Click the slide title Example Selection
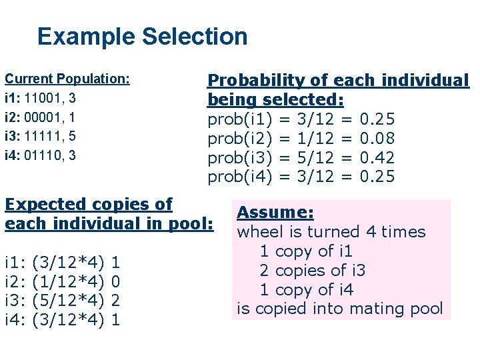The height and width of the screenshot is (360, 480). (x=142, y=37)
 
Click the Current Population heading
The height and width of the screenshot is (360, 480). (x=67, y=79)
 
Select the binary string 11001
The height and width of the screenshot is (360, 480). (x=45, y=98)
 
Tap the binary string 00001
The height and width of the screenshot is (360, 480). (x=45, y=117)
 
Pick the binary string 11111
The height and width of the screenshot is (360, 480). (x=45, y=137)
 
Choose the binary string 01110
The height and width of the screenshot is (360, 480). (x=45, y=156)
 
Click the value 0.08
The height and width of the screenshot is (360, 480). (x=377, y=139)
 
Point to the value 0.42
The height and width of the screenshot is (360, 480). (x=377, y=158)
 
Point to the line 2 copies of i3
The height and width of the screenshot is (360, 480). (x=313, y=270)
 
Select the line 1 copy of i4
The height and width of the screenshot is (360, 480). (x=306, y=289)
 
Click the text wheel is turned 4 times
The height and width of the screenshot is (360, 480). (x=331, y=232)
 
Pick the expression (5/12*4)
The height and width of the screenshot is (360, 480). (x=69, y=301)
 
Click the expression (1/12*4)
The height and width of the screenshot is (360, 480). (x=69, y=281)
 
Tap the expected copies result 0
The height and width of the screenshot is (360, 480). (x=115, y=281)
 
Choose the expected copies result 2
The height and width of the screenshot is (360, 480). (x=115, y=301)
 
